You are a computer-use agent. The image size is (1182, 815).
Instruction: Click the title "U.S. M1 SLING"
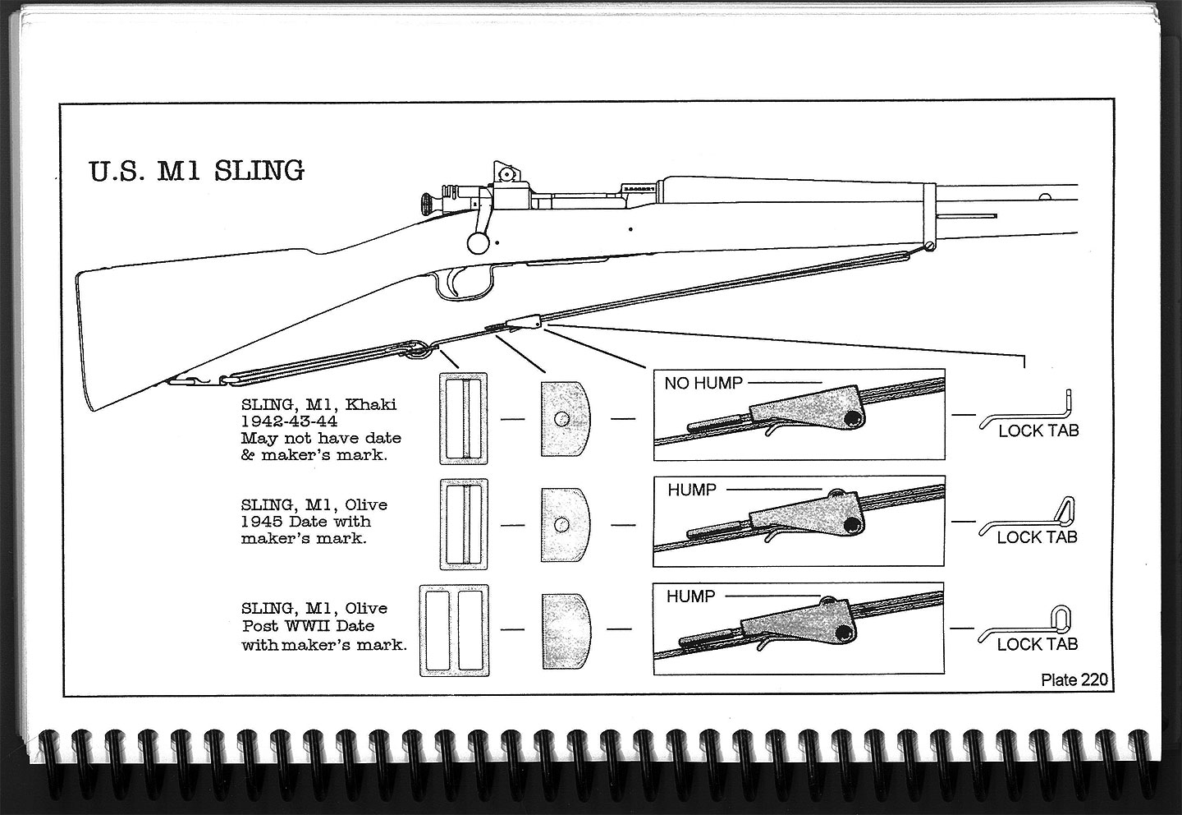195,171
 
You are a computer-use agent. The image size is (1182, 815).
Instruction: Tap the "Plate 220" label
1074,679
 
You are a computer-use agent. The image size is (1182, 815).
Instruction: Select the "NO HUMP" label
703,383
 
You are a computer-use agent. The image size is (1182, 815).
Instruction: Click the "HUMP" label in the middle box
691,490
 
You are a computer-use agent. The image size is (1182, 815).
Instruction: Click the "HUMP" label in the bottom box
691,596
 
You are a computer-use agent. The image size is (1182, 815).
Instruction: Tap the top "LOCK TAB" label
1038,431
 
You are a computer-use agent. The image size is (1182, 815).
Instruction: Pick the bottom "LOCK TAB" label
1037,644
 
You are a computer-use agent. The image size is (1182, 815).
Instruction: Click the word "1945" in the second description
261,522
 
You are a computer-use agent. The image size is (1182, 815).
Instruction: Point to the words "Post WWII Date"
308,626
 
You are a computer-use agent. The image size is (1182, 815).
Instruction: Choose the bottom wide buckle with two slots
453,630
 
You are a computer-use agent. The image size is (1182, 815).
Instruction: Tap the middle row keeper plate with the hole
566,525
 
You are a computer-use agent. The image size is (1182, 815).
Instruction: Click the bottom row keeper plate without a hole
566,630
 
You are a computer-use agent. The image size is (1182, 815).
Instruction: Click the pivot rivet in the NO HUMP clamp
852,419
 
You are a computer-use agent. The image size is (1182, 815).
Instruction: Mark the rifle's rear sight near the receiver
505,173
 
